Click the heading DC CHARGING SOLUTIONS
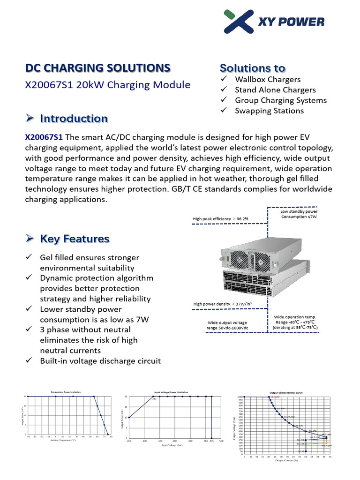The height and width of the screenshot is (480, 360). (97, 68)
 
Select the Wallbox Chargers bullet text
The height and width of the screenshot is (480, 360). (268, 80)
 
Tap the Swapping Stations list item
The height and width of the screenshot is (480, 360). (269, 111)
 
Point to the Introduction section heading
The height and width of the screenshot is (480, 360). (74, 119)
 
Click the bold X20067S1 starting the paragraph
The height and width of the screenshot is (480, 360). (44, 137)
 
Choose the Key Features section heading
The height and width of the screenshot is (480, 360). (75, 239)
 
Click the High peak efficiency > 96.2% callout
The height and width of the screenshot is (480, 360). (220, 218)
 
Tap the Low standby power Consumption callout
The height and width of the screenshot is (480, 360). (299, 214)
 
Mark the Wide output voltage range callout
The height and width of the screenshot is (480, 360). (226, 325)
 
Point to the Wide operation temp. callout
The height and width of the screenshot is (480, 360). (295, 322)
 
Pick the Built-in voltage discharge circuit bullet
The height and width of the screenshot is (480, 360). (100, 361)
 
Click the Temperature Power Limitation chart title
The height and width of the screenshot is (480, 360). (69, 392)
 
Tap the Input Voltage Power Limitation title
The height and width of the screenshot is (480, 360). (171, 392)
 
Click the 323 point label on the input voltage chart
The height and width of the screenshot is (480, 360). (153, 399)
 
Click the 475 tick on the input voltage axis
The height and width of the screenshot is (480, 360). (211, 441)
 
